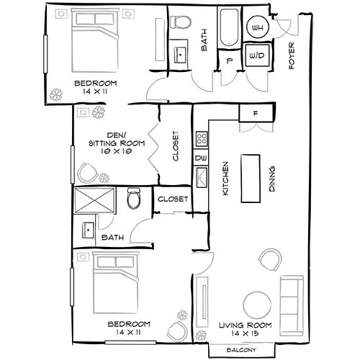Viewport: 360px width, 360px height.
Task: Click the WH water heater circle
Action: pos(257,28)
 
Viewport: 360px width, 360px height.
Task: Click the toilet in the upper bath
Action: pos(181,23)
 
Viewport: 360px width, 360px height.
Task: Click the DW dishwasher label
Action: pos(201,157)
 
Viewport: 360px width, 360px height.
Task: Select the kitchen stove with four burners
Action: pos(201,137)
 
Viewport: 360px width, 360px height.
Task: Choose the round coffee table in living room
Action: pos(257,305)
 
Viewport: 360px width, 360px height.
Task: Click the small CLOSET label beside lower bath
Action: pos(173,199)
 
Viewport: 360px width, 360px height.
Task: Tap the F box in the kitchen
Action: pos(256,112)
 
